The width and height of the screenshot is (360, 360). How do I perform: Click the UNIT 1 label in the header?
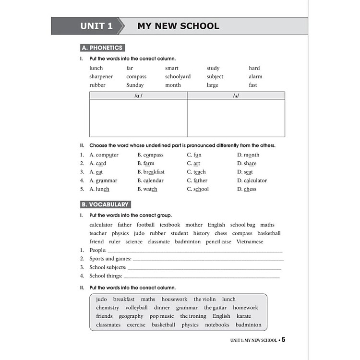click(96, 26)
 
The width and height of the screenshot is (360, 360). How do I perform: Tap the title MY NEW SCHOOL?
click(178, 26)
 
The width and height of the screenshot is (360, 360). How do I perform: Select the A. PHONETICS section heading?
click(102, 48)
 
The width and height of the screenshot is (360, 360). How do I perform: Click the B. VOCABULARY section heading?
click(105, 204)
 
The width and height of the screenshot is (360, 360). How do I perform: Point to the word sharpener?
click(101, 77)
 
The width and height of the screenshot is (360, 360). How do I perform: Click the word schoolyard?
click(178, 77)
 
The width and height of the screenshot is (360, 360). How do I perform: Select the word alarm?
click(255, 77)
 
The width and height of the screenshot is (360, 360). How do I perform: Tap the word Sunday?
click(135, 85)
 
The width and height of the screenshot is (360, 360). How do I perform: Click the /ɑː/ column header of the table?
click(138, 96)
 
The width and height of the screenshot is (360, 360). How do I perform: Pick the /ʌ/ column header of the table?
click(236, 96)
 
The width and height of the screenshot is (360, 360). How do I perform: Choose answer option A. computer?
click(104, 155)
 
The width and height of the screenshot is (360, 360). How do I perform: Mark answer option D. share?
click(247, 164)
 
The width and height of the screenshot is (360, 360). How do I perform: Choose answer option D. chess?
click(247, 189)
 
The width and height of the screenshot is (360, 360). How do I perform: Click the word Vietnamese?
click(251, 242)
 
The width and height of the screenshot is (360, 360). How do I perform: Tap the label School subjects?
click(108, 267)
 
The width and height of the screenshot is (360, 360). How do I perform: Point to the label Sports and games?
click(110, 259)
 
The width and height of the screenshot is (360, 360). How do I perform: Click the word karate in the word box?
click(244, 316)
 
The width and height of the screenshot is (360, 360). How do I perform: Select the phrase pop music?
click(162, 316)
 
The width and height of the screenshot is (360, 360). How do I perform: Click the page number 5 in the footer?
click(283, 340)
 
